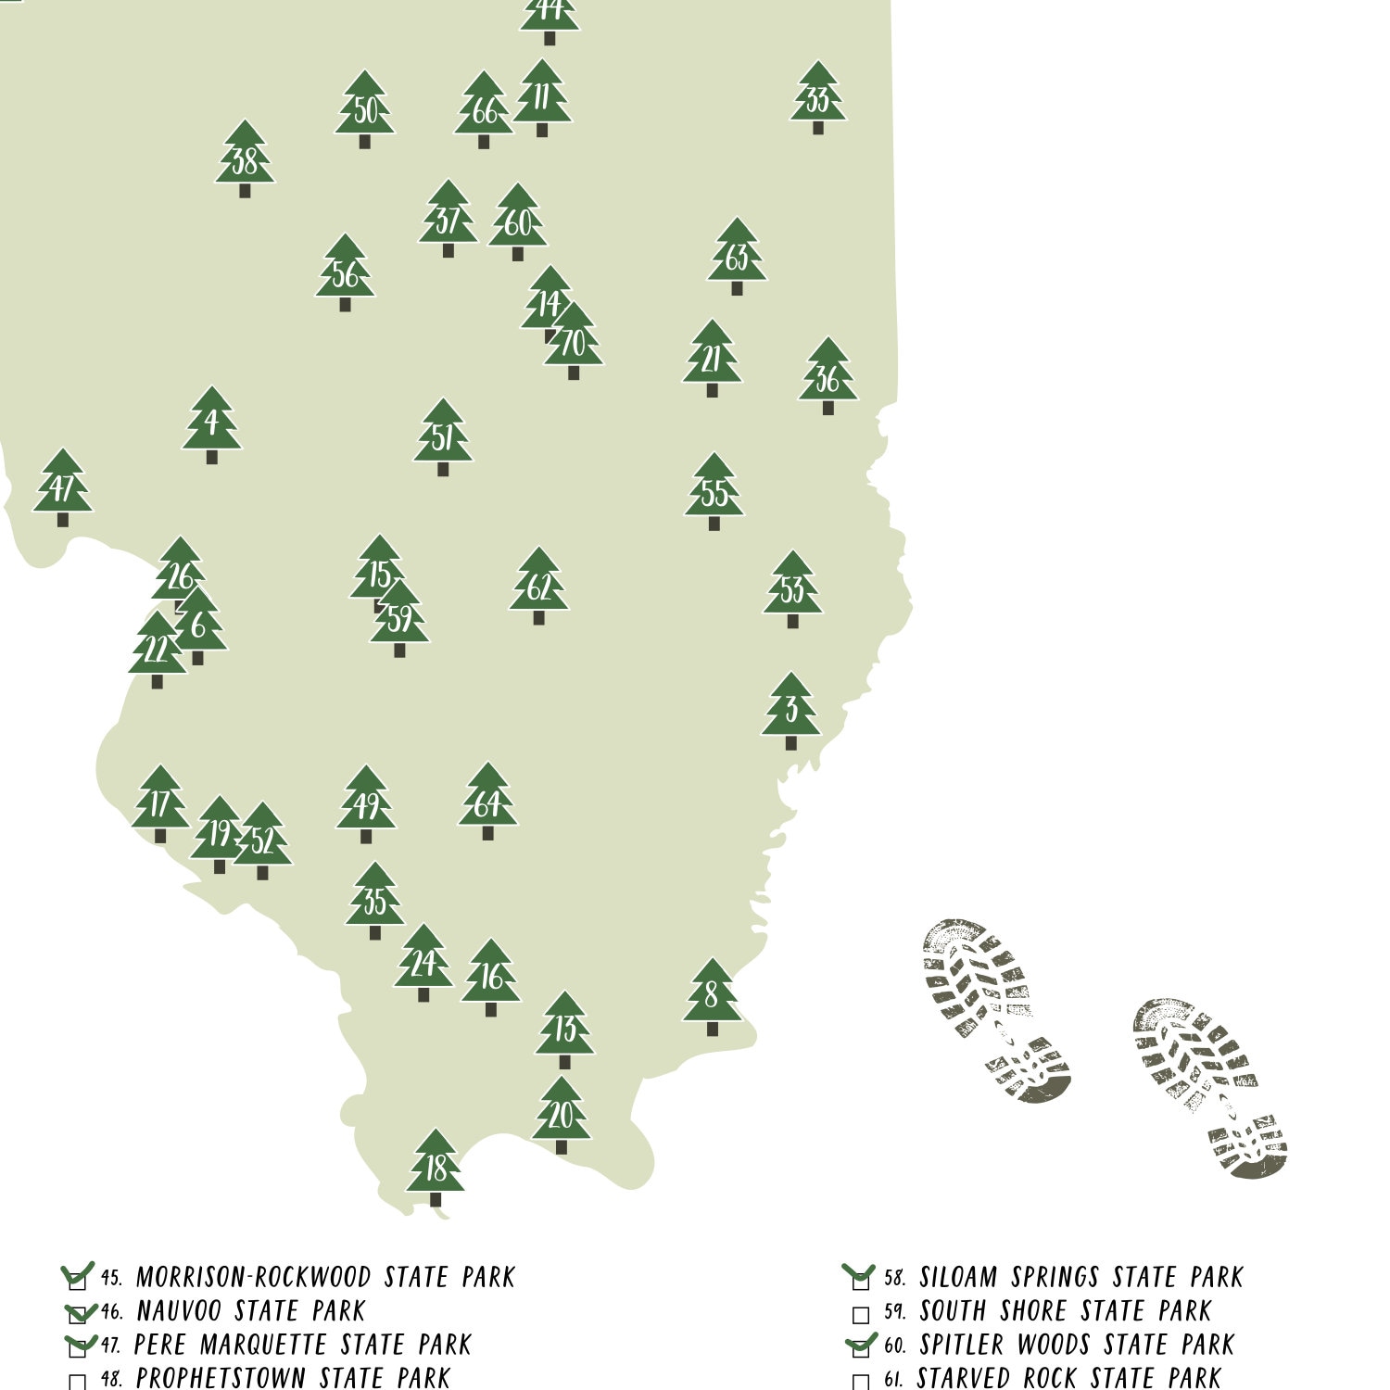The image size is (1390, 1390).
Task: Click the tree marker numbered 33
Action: (x=818, y=97)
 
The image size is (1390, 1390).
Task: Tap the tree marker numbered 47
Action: (x=63, y=487)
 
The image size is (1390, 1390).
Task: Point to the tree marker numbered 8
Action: (x=712, y=996)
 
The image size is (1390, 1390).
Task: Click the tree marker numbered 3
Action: (x=791, y=710)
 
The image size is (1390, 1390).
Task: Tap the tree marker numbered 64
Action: (x=487, y=802)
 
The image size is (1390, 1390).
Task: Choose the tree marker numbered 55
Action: (x=714, y=492)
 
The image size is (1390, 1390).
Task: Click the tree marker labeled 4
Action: (x=211, y=424)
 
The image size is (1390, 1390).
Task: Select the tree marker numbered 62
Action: (x=538, y=586)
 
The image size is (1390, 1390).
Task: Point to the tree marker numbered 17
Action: (x=160, y=803)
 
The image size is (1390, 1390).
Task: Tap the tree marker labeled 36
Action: (x=828, y=376)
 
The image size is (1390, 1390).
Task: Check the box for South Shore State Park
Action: (x=860, y=1314)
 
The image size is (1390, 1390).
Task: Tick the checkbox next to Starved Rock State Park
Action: (x=860, y=1382)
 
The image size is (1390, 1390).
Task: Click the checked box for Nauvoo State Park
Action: (x=79, y=1314)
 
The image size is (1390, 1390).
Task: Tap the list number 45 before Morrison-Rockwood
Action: (x=111, y=1279)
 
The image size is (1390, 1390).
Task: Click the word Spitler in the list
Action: (x=962, y=1345)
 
